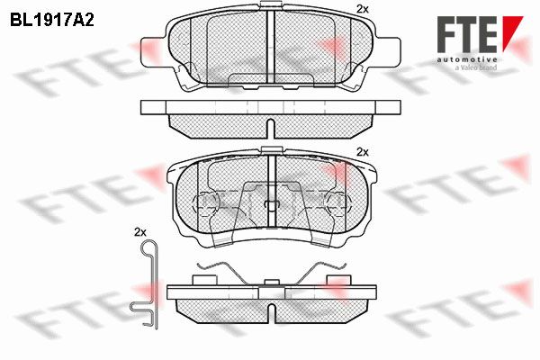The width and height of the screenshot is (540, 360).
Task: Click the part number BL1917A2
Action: click(52, 21)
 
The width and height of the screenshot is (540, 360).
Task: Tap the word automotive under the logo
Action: click(466, 60)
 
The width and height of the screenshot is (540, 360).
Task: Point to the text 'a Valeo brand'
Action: click(475, 67)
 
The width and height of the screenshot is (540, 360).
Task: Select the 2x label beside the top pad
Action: click(363, 9)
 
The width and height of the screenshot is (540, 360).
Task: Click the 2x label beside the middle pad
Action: click(363, 152)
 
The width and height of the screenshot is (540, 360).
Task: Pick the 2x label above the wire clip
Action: click(139, 232)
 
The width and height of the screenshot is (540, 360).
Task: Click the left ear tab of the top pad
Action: click(154, 51)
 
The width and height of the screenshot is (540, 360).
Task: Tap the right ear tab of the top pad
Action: click(387, 51)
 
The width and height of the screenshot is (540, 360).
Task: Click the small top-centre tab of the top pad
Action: click(271, 4)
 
